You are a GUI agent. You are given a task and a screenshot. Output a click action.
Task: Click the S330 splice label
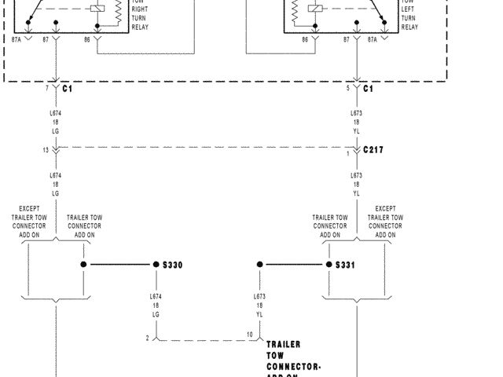tap(172, 265)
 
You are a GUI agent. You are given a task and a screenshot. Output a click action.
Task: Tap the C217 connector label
tap(373, 149)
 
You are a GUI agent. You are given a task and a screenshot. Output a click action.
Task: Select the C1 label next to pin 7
tap(68, 90)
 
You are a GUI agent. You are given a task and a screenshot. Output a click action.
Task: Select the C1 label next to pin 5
tap(369, 90)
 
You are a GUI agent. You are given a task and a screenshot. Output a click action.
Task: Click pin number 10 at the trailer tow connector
tap(249, 335)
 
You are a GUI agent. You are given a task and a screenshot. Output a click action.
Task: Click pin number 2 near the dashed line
tap(147, 338)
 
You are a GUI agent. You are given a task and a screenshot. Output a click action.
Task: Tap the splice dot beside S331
tap(330, 265)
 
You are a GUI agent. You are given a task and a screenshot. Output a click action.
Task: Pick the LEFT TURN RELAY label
tap(409, 15)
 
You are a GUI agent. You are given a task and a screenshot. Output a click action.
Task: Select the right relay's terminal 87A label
tap(373, 38)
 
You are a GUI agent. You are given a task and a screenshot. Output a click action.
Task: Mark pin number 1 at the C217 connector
tap(348, 153)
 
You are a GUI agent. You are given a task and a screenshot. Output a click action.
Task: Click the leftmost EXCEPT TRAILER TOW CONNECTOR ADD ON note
tap(30, 221)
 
